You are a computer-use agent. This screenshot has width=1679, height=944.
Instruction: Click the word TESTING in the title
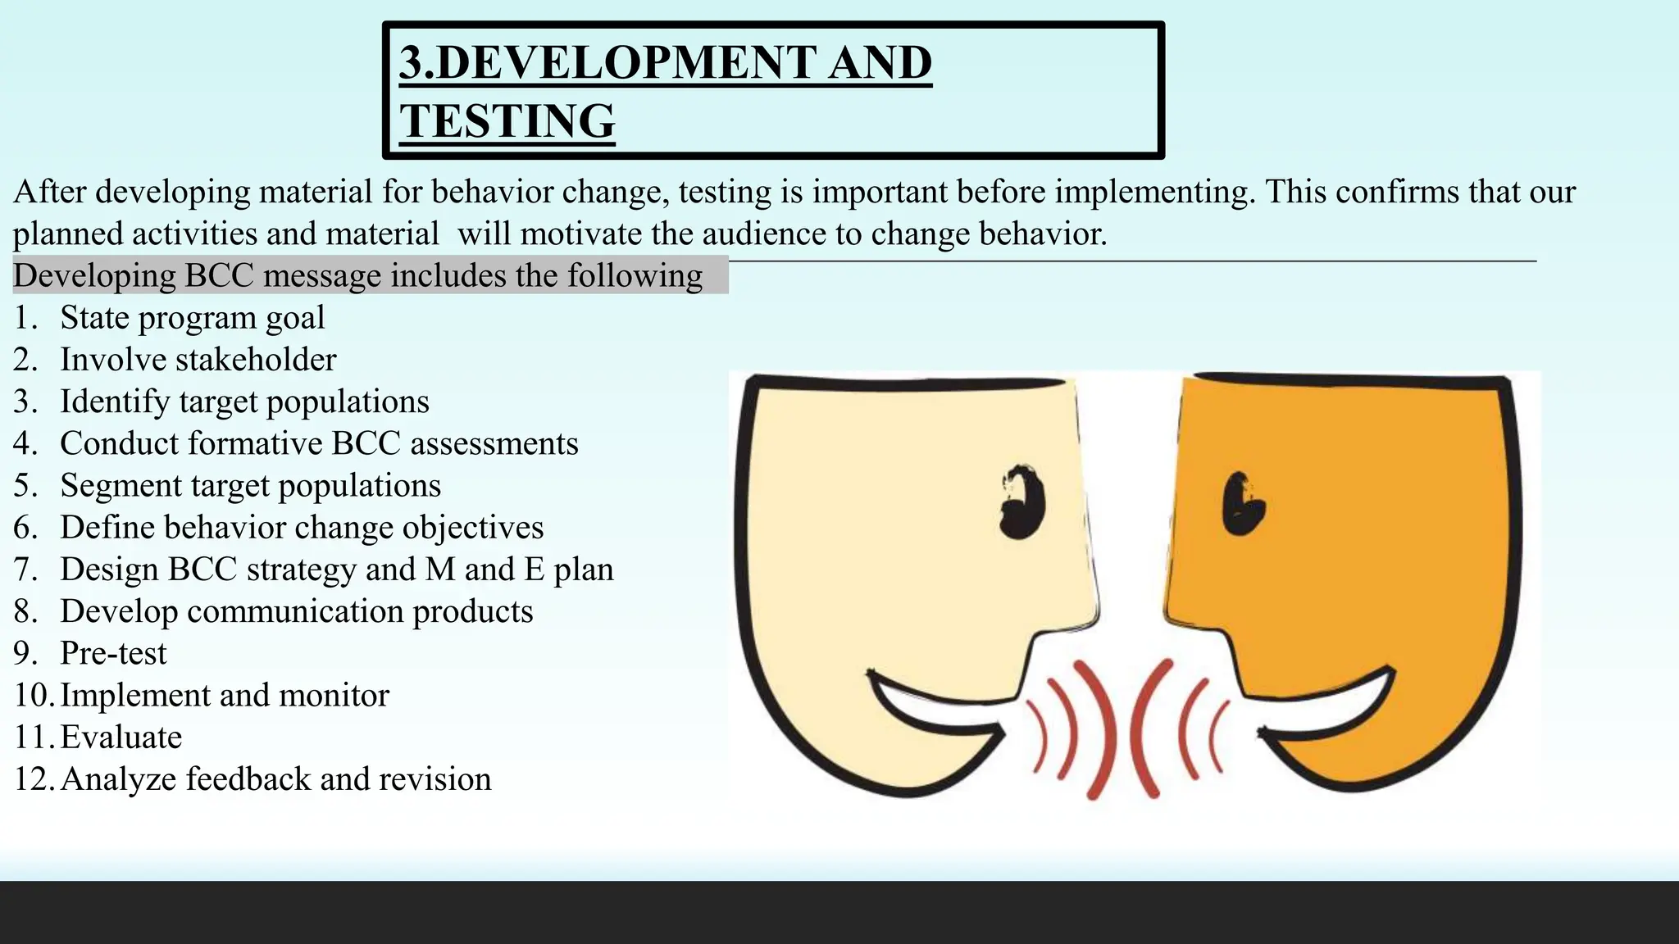(x=507, y=121)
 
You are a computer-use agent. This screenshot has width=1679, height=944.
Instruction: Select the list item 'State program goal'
(x=192, y=318)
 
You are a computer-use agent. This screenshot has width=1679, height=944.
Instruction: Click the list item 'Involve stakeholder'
(x=198, y=360)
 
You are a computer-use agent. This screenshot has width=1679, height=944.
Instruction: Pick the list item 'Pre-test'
(x=113, y=653)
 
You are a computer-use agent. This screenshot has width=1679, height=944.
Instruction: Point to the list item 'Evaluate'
(x=121, y=737)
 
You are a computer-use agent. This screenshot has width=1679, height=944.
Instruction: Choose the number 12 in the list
(x=32, y=778)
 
